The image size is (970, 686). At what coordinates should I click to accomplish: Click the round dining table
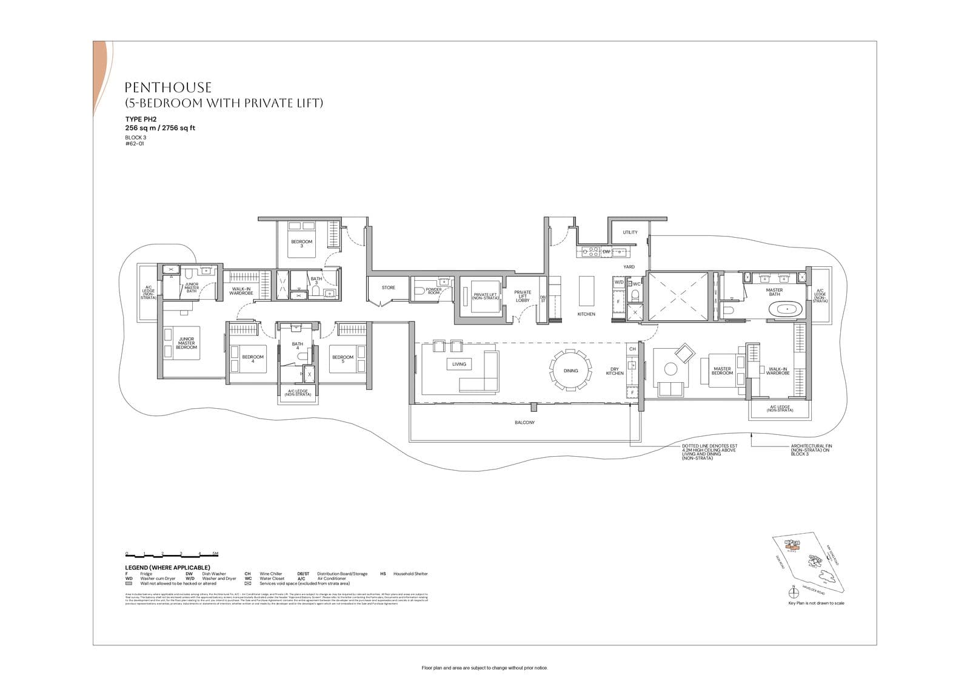[570, 371]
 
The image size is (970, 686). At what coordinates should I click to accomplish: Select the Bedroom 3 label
[301, 243]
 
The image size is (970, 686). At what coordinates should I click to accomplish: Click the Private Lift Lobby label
[523, 296]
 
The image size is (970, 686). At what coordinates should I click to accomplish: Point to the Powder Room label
[433, 291]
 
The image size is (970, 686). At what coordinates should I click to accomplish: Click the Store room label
[389, 288]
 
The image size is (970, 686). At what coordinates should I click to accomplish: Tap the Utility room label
[630, 232]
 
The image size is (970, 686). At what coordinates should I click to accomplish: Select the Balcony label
[525, 423]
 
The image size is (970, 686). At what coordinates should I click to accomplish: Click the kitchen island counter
[586, 291]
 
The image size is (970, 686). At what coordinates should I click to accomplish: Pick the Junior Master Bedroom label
[186, 343]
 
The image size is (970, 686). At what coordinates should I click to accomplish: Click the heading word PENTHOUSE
[168, 88]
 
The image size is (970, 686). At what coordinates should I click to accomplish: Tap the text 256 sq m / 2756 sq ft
[160, 128]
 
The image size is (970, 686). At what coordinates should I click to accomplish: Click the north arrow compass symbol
[792, 592]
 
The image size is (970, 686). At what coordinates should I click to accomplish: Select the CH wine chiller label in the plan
[632, 349]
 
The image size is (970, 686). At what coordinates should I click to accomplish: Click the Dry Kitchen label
[615, 371]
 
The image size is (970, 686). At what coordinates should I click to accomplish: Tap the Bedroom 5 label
[343, 358]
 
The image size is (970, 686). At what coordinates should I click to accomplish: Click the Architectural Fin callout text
[810, 450]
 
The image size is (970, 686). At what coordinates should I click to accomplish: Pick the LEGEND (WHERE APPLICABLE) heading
[167, 567]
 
